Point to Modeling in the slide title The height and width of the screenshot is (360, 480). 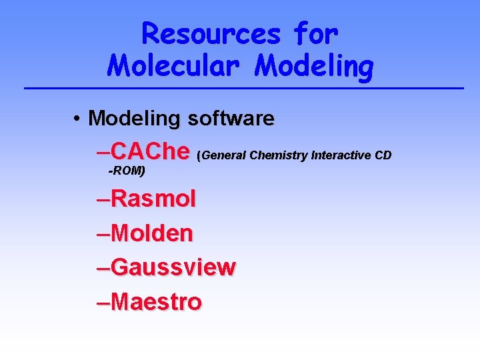[x=315, y=66]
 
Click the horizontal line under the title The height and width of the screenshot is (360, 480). [x=243, y=88]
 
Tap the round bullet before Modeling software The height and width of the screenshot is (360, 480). [x=78, y=119]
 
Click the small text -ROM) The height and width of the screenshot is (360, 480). [x=127, y=171]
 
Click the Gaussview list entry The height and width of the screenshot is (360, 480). [x=173, y=267]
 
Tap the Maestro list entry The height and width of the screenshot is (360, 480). [x=157, y=302]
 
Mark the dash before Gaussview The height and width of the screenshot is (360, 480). [x=103, y=267]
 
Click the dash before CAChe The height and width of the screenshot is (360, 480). [x=103, y=151]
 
